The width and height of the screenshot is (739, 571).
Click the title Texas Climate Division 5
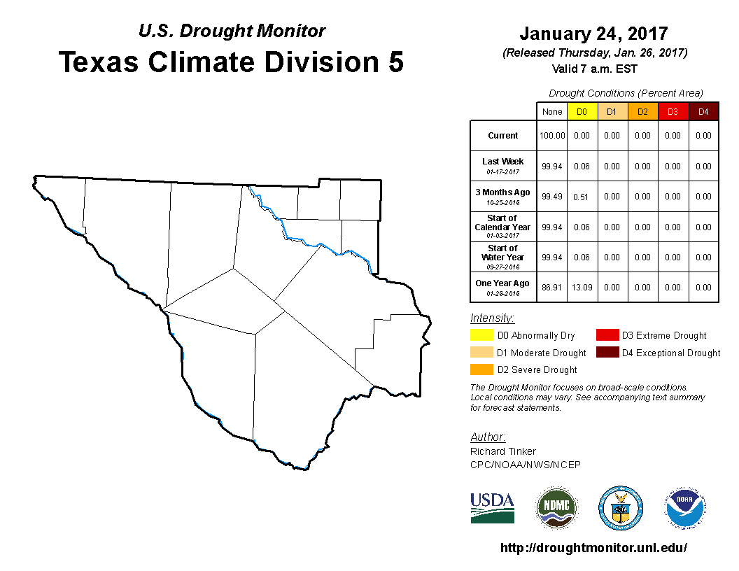pos(232,62)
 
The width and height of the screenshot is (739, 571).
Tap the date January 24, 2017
pos(593,34)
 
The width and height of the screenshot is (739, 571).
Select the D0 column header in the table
pos(582,112)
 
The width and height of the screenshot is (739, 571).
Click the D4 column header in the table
pos(703,112)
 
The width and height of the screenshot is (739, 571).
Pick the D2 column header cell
pos(642,112)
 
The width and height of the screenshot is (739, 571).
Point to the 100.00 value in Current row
pos(552,136)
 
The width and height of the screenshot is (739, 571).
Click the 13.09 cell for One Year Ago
pos(582,288)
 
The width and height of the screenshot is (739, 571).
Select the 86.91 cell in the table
pos(552,288)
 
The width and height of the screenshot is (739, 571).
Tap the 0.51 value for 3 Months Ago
pos(582,197)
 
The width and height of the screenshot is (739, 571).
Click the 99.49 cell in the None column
pos(552,197)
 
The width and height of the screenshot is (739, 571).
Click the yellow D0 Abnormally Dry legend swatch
pos(481,336)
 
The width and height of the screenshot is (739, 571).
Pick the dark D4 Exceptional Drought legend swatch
pos(607,353)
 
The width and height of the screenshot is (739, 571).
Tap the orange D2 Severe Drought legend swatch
pos(481,369)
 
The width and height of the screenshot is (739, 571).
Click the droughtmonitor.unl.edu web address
pos(593,548)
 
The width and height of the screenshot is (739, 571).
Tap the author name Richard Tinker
pos(503,451)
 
